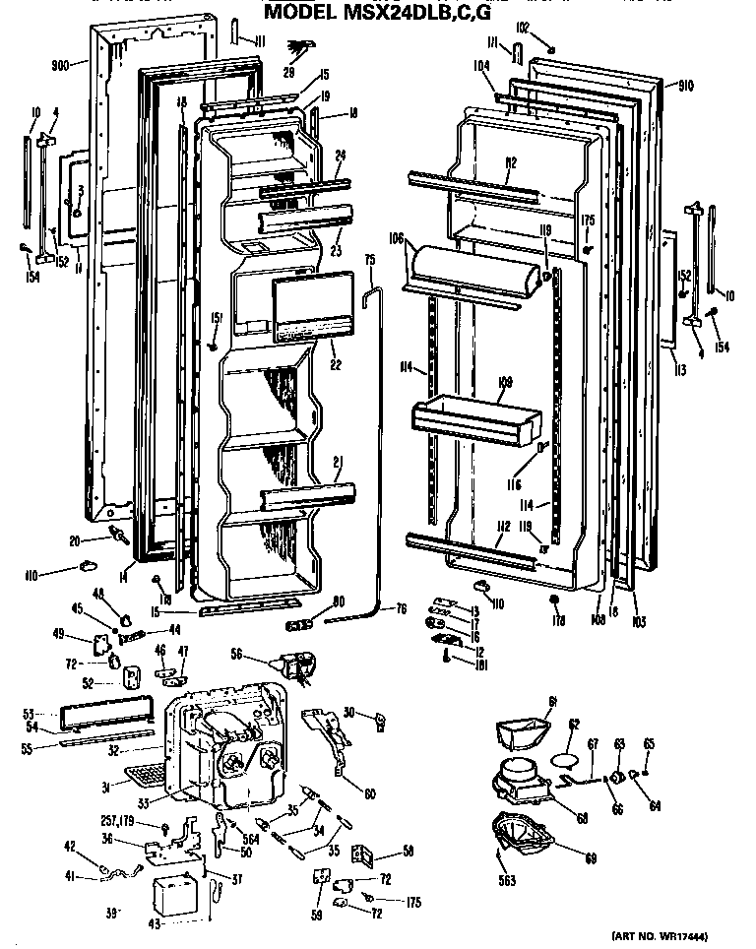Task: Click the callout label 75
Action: (x=370, y=260)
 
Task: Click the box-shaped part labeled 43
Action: (x=178, y=896)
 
